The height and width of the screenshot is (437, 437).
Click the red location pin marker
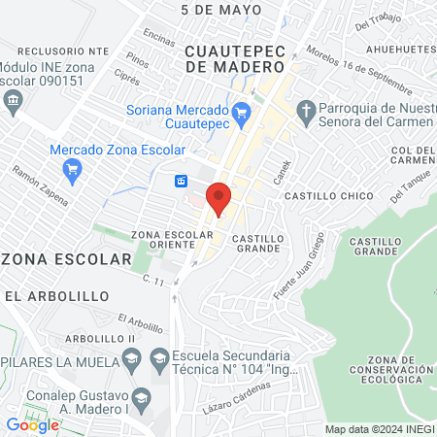click(219, 198)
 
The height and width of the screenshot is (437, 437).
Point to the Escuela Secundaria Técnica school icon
click(159, 360)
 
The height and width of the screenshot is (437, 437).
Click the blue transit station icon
click(181, 181)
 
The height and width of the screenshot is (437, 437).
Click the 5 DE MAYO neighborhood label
click(221, 10)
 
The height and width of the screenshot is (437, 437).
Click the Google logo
click(32, 425)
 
